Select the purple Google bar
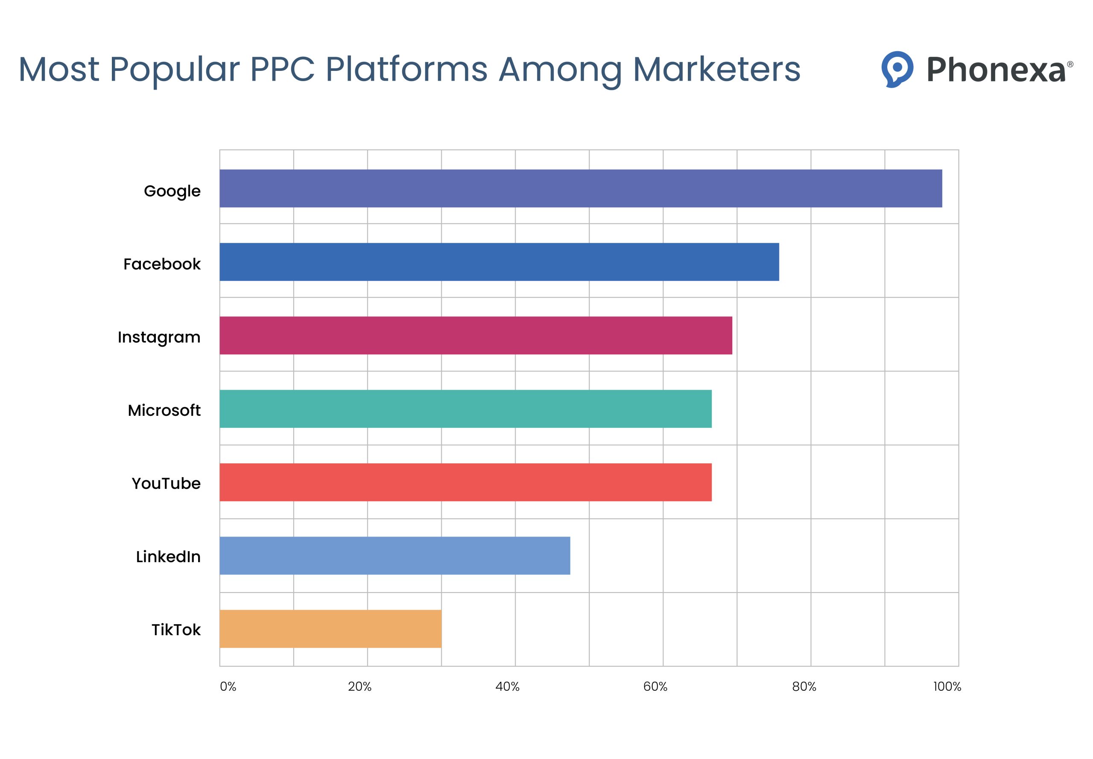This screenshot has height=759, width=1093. click(x=580, y=188)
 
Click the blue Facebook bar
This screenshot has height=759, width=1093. click(x=499, y=262)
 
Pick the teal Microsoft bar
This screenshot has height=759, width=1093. click(x=465, y=409)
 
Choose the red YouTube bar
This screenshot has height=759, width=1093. click(x=465, y=482)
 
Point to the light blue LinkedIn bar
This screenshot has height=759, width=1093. click(x=395, y=555)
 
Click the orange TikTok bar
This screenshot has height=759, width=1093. click(x=330, y=629)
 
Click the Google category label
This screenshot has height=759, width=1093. click(x=172, y=191)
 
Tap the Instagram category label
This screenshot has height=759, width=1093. click(x=159, y=337)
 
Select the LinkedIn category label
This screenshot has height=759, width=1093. click(x=168, y=556)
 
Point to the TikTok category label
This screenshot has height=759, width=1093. click(x=176, y=630)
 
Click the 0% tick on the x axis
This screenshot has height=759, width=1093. click(x=228, y=687)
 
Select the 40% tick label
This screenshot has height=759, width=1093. click(x=508, y=687)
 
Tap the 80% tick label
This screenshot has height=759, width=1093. click(x=804, y=687)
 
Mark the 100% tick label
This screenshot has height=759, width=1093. click(x=947, y=687)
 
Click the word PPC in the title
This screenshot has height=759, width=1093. click(x=282, y=70)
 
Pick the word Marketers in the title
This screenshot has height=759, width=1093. click(x=717, y=70)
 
